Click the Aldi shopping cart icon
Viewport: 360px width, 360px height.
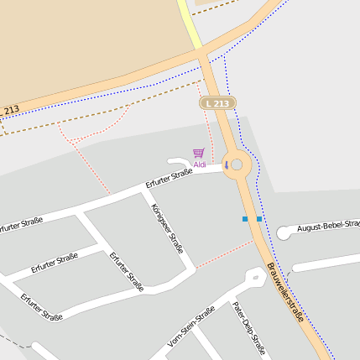point(198,153)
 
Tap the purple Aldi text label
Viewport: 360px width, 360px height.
point(200,164)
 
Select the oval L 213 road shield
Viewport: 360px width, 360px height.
point(217,102)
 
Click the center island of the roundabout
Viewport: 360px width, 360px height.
point(237,164)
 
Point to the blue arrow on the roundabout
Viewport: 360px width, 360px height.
point(225,164)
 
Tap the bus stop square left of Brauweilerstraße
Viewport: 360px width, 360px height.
point(245,219)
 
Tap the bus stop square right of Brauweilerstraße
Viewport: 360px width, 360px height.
point(259,219)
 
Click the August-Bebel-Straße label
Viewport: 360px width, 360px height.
point(328,225)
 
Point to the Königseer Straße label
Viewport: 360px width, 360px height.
point(167,227)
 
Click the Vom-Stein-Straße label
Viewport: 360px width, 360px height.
point(191,326)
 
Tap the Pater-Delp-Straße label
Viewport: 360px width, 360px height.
point(248,326)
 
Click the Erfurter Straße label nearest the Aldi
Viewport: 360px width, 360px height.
point(169,178)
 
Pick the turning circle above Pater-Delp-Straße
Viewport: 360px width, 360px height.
point(255,275)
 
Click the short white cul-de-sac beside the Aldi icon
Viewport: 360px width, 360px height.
point(179,161)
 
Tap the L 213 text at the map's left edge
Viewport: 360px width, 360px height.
point(10,110)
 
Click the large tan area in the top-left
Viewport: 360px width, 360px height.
point(84,42)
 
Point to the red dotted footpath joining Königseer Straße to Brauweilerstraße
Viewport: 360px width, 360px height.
point(223,255)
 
